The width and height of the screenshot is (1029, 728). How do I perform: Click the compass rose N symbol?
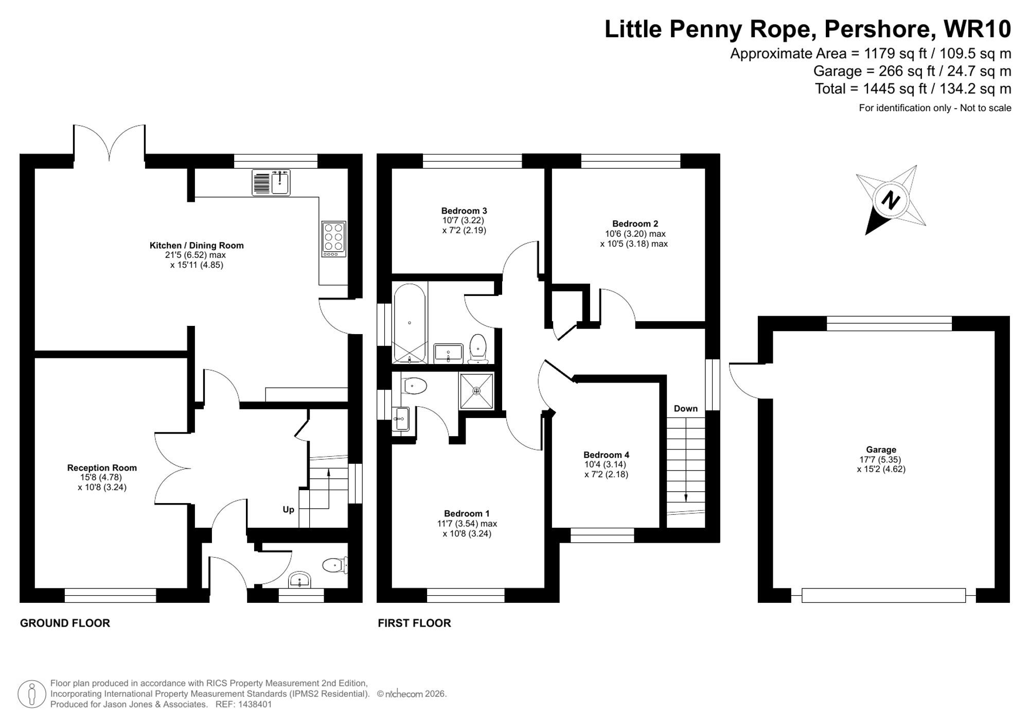tap(891, 199)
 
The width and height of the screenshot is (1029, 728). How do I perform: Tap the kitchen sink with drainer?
tap(271, 182)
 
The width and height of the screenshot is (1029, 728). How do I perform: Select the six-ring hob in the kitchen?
tap(333, 239)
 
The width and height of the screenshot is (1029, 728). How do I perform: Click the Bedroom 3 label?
tap(464, 211)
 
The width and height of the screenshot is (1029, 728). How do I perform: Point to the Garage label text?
tap(881, 449)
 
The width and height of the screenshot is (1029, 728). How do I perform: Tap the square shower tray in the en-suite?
tap(476, 391)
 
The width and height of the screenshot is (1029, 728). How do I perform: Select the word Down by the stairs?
tap(685, 408)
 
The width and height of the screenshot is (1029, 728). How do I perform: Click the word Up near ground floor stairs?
tap(288, 509)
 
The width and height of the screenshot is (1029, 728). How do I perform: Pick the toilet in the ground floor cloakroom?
tap(335, 565)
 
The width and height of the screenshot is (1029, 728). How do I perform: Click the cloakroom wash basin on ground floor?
tap(299, 580)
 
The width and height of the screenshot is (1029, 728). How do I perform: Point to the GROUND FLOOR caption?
tap(65, 623)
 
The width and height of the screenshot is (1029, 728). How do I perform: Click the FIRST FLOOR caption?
tap(414, 623)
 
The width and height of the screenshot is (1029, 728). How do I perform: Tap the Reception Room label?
tap(102, 467)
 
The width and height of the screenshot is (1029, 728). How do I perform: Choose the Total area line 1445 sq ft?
tap(913, 89)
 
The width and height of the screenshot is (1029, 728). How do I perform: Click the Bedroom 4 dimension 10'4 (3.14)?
tap(606, 464)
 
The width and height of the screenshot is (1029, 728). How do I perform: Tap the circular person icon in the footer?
tap(32, 694)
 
